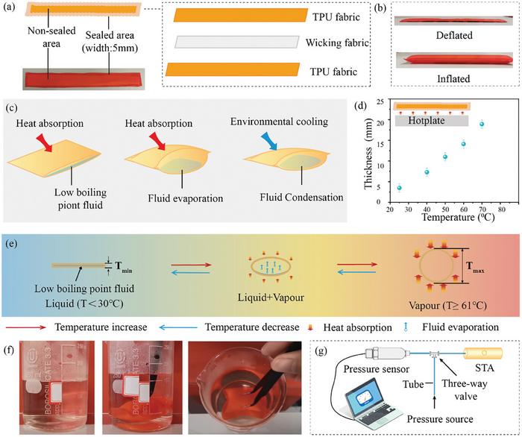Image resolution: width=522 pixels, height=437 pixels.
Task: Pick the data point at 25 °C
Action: [x=400, y=188]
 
